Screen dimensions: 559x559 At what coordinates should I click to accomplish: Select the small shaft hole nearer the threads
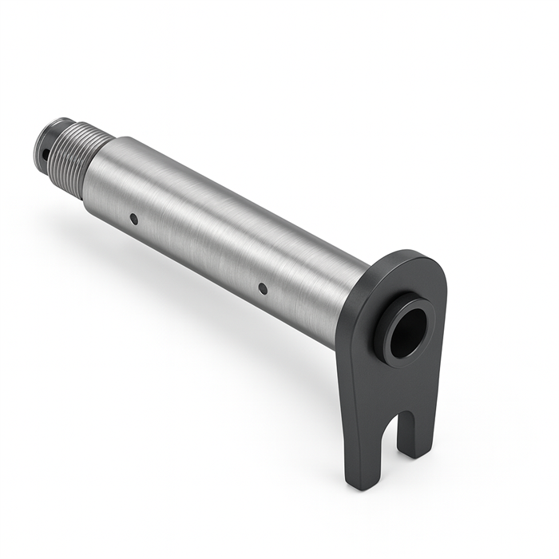tap(133, 219)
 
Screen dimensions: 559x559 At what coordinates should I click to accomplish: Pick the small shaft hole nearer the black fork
tap(263, 287)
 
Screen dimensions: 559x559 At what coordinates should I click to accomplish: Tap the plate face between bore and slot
tap(399, 383)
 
